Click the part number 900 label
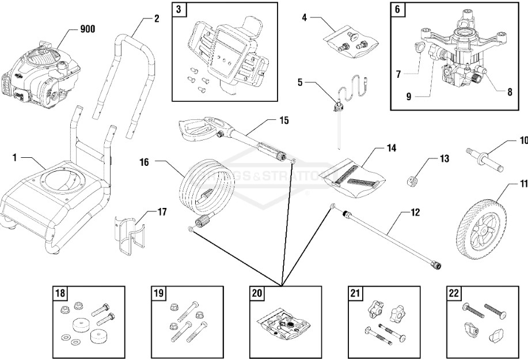pos(88,29)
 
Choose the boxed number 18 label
pos(60,293)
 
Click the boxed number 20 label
pos(257,293)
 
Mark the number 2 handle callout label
pos(156,18)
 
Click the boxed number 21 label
pos(356,293)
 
